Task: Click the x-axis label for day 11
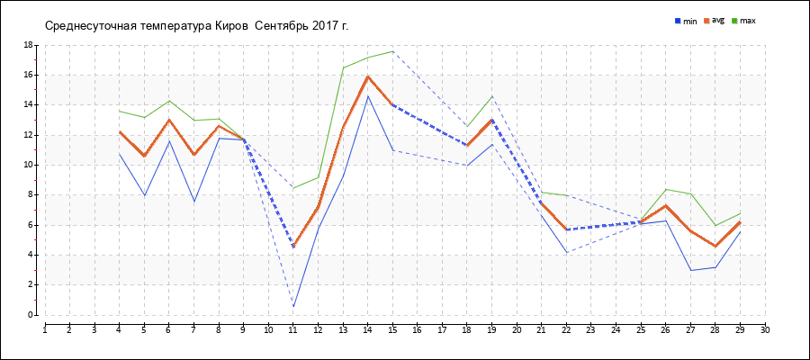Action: pos(293,329)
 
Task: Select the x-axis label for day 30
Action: pos(765,329)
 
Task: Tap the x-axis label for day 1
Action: pos(45,329)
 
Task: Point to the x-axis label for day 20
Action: pos(517,329)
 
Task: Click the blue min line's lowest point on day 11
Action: pos(293,307)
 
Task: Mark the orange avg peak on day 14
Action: pos(368,76)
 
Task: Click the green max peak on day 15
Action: pos(392,51)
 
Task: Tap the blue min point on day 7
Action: pos(194,201)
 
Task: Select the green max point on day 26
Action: pos(666,189)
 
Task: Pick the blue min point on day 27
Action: pos(690,270)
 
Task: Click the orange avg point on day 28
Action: pos(715,246)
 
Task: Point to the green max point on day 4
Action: pos(120,111)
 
